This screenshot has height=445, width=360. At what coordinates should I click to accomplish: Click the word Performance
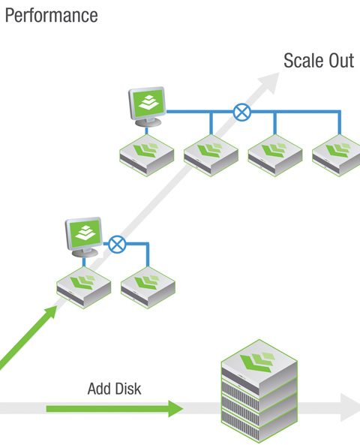point(52,16)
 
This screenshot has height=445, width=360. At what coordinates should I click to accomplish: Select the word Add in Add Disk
point(99,389)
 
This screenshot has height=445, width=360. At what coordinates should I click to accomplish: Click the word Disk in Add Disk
point(128,389)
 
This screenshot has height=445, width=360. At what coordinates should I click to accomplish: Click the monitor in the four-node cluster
point(147,107)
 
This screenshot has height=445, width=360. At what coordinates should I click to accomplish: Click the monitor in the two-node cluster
point(84,237)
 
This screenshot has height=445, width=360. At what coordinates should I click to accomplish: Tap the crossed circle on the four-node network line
point(242,112)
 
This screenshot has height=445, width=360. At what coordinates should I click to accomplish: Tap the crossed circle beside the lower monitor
point(117,244)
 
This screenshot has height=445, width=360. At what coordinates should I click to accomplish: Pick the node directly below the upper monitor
point(147,155)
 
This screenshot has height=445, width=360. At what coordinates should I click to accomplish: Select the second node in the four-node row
point(211,155)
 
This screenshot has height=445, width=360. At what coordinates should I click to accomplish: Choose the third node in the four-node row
point(275,155)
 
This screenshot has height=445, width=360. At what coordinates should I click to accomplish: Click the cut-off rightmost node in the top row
point(336,155)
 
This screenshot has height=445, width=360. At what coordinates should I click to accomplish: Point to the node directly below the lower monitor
point(84,287)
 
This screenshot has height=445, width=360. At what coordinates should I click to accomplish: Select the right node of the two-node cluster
point(148,287)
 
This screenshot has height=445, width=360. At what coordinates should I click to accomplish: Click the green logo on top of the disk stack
point(257,361)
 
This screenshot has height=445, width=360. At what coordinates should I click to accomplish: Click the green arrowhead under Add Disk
point(175,409)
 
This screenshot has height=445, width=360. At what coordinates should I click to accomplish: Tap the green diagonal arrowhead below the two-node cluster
point(50,312)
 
